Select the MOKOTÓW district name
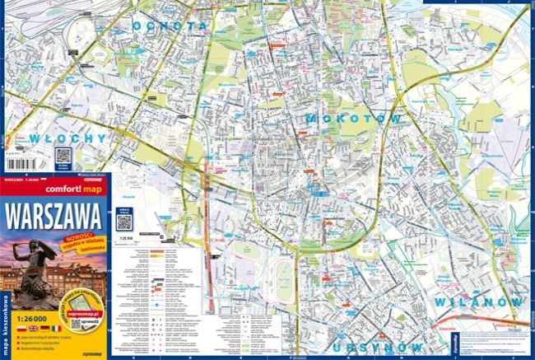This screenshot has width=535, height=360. (x=356, y=119)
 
